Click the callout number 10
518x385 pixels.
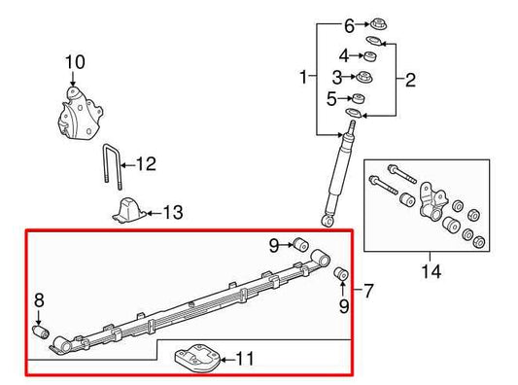pos(69,65)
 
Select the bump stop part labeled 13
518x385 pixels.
pos(126,211)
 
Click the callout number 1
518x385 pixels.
pos(304,76)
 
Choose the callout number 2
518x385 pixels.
pos(410,80)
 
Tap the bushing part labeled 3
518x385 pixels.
pos(367,78)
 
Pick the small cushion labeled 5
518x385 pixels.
pos(358,99)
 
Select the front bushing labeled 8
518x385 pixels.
pos(41,332)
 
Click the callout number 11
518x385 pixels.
pos(246,360)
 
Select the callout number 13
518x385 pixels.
pos(172,212)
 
